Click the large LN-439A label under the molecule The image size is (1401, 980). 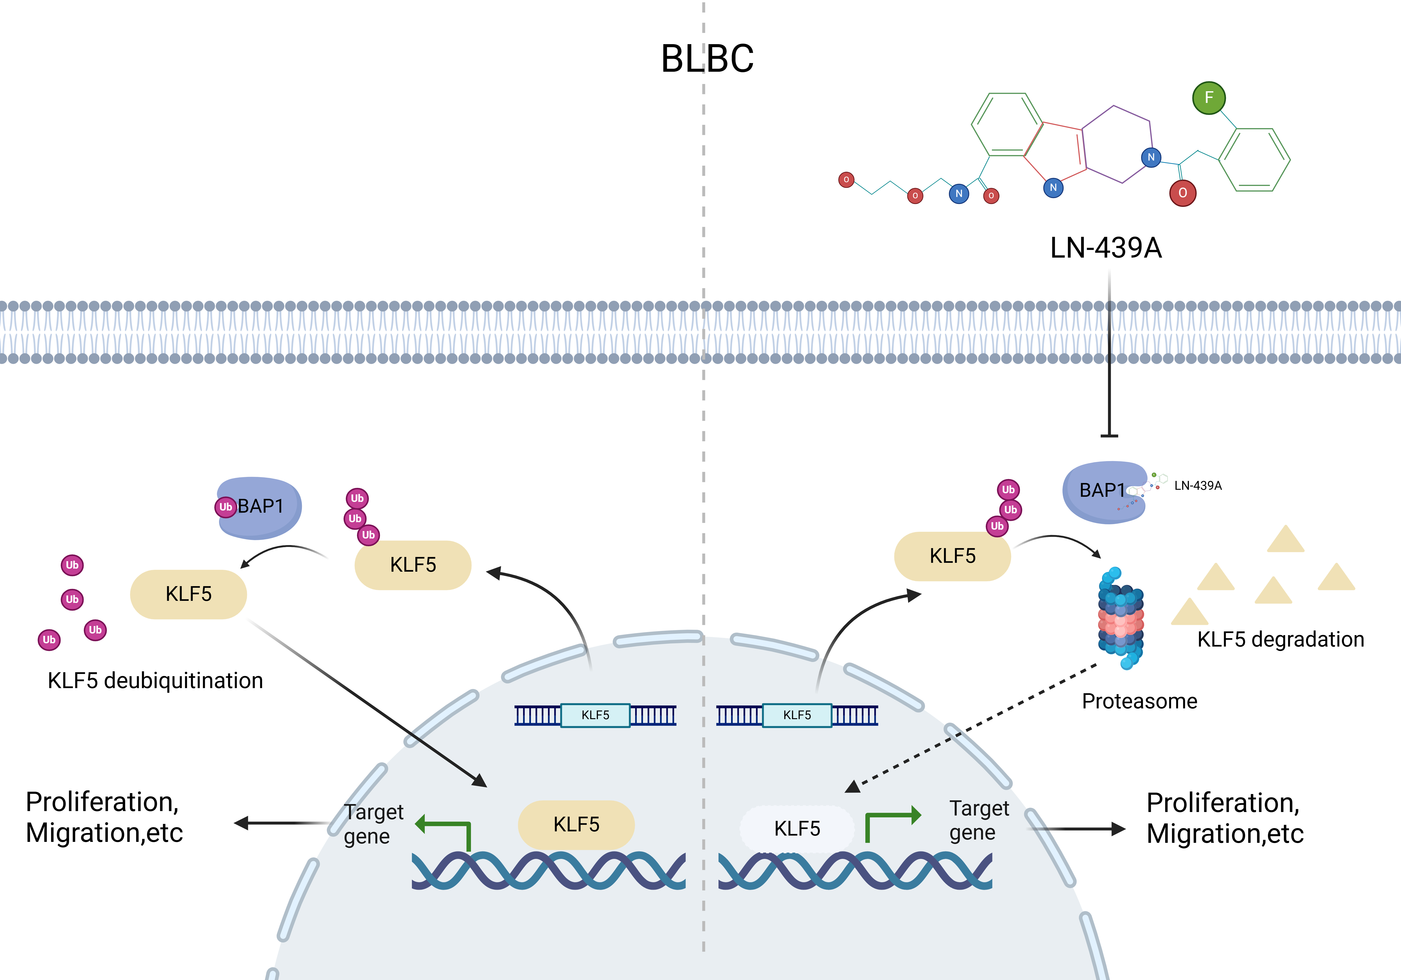[1106, 248]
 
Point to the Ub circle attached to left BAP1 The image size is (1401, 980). [226, 507]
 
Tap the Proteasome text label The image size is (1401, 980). [1139, 701]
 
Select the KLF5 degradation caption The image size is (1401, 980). [1280, 639]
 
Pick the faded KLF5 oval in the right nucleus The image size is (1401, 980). [797, 828]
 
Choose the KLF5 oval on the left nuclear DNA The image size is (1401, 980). [576, 825]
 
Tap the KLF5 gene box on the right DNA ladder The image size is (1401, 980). [797, 715]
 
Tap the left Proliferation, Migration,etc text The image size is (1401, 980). [104, 817]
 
